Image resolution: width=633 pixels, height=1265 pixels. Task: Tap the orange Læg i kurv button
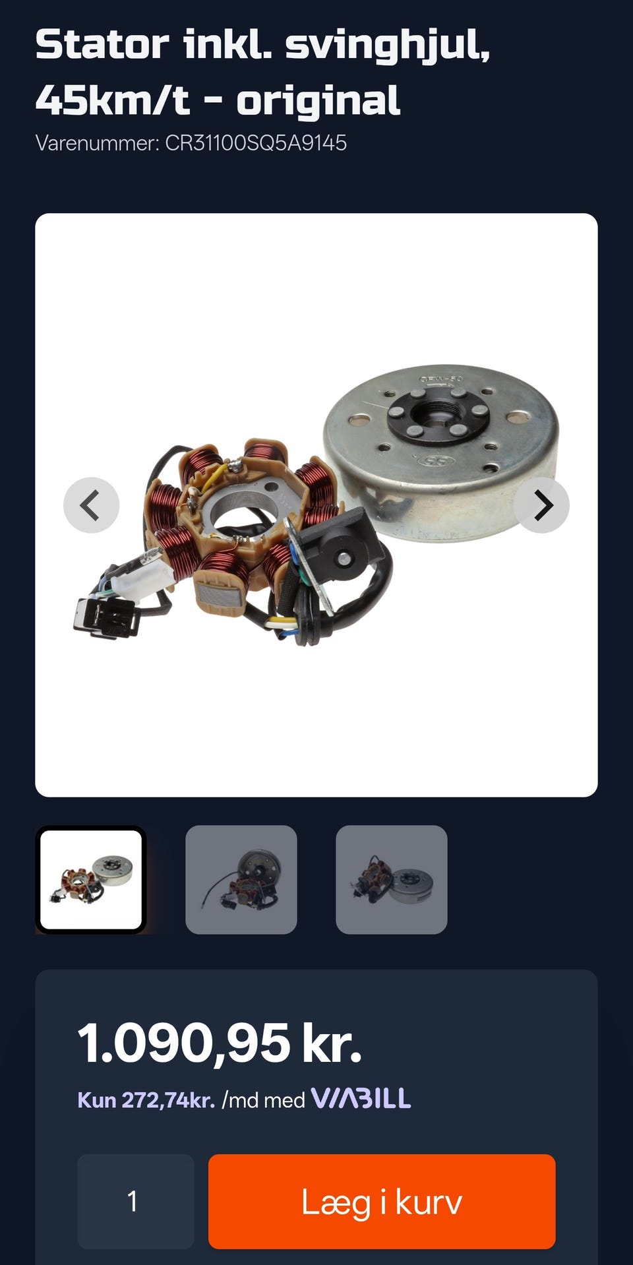pyautogui.click(x=382, y=1201)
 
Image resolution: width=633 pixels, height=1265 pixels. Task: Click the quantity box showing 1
pyautogui.click(x=135, y=1201)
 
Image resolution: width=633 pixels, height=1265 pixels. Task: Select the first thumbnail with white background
pyautogui.click(x=91, y=880)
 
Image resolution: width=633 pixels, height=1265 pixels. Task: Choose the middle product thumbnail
pyautogui.click(x=241, y=880)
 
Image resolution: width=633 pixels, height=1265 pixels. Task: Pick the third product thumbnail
pyautogui.click(x=392, y=880)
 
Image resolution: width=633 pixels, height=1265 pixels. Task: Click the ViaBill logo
pyautogui.click(x=361, y=1098)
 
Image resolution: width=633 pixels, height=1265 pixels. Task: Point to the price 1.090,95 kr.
pyautogui.click(x=220, y=1043)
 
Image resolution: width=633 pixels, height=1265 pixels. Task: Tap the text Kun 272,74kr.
pyautogui.click(x=146, y=1100)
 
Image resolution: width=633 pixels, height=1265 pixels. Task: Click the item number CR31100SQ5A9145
pyautogui.click(x=256, y=142)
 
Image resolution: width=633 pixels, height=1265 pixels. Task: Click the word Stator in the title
pyautogui.click(x=102, y=45)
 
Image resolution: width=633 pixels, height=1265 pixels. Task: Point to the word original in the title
pyautogui.click(x=318, y=101)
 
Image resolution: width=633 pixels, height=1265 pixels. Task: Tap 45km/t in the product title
pyautogui.click(x=113, y=100)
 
